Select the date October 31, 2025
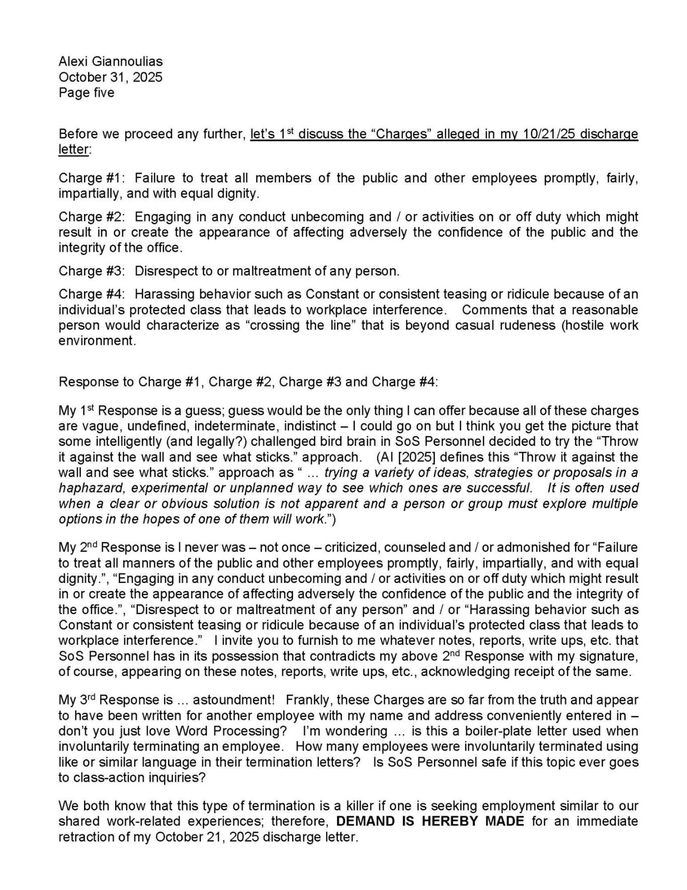111,77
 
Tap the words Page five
87,93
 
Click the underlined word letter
73,150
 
